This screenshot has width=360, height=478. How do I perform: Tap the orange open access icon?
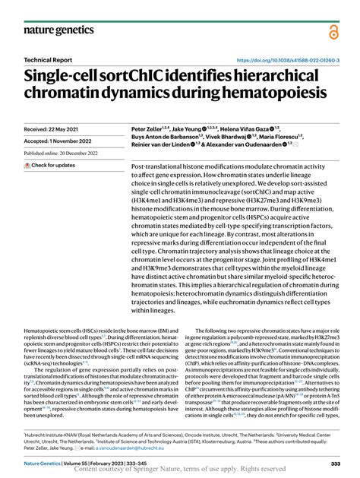pyautogui.click(x=334, y=31)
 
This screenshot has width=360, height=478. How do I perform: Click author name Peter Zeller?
pyautogui.click(x=150, y=130)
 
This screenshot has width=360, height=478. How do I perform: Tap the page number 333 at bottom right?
pyautogui.click(x=335, y=462)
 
